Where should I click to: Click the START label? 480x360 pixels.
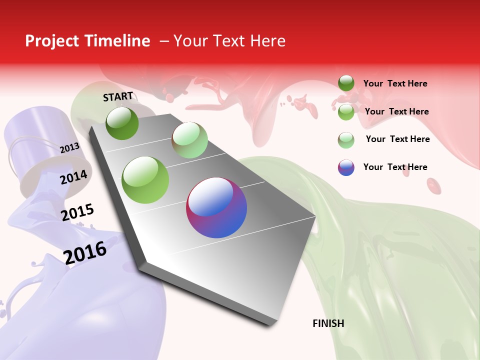point(118,96)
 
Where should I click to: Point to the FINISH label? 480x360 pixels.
point(328,323)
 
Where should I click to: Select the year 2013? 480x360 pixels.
point(69,147)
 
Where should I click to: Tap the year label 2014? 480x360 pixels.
point(73,176)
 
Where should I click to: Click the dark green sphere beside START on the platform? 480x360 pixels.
point(122,123)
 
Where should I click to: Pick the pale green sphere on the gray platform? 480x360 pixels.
point(189,140)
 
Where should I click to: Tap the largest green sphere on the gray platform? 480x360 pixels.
point(145,180)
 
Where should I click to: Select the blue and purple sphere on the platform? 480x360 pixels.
point(216,207)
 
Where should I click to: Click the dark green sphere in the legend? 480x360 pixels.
point(346,83)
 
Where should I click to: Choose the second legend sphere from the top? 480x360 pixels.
point(346,112)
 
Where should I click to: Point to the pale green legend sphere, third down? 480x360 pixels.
point(346,139)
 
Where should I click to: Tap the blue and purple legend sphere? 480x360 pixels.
point(346,167)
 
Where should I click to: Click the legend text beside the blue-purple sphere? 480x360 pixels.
point(395,167)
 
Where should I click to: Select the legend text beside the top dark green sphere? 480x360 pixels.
point(395,83)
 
